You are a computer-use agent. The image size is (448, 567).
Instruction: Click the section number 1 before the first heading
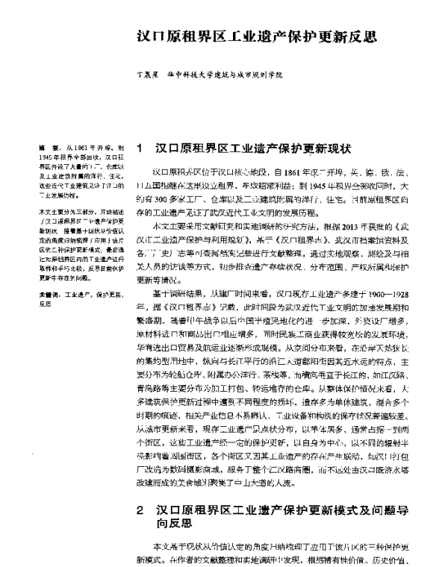click(141, 149)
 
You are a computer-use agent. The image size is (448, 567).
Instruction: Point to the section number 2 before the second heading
click(141, 491)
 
